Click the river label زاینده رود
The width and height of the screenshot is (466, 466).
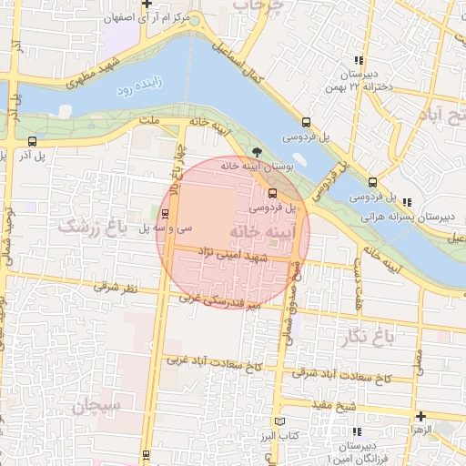140,90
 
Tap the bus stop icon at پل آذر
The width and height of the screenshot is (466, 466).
33,141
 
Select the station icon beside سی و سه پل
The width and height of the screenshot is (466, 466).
165,215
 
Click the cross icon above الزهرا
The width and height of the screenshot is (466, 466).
420,416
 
